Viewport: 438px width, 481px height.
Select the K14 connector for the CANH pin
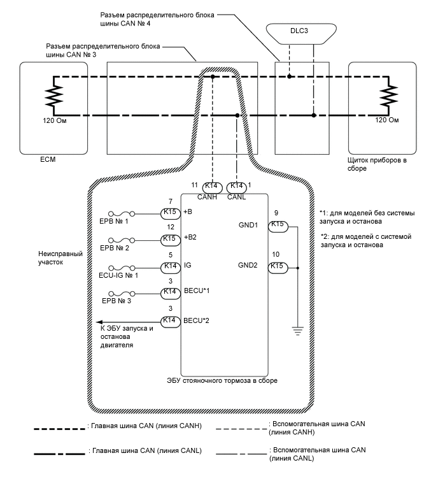(212, 185)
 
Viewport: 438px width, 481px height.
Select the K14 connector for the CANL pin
(237, 185)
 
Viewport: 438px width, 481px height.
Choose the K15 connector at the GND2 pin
(278, 266)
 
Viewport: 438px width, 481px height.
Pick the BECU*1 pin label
(196, 292)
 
